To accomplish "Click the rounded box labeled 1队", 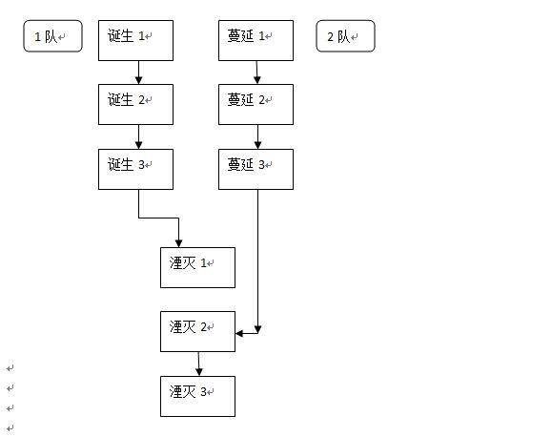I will click(x=52, y=37).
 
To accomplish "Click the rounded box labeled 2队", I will click(x=345, y=37).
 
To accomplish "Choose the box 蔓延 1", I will click(x=256, y=41).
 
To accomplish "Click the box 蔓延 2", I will click(x=256, y=104).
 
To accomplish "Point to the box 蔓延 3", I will click(x=256, y=168).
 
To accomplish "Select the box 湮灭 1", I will click(x=197, y=267).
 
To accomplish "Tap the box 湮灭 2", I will click(x=197, y=331).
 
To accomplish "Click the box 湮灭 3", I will click(x=197, y=396).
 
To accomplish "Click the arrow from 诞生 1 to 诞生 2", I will click(x=138, y=73).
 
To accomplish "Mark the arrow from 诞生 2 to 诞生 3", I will click(x=138, y=136).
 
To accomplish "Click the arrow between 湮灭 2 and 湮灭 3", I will click(x=198, y=364).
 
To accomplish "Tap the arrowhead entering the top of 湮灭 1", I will click(x=178, y=242).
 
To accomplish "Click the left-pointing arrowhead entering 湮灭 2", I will click(x=240, y=332).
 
